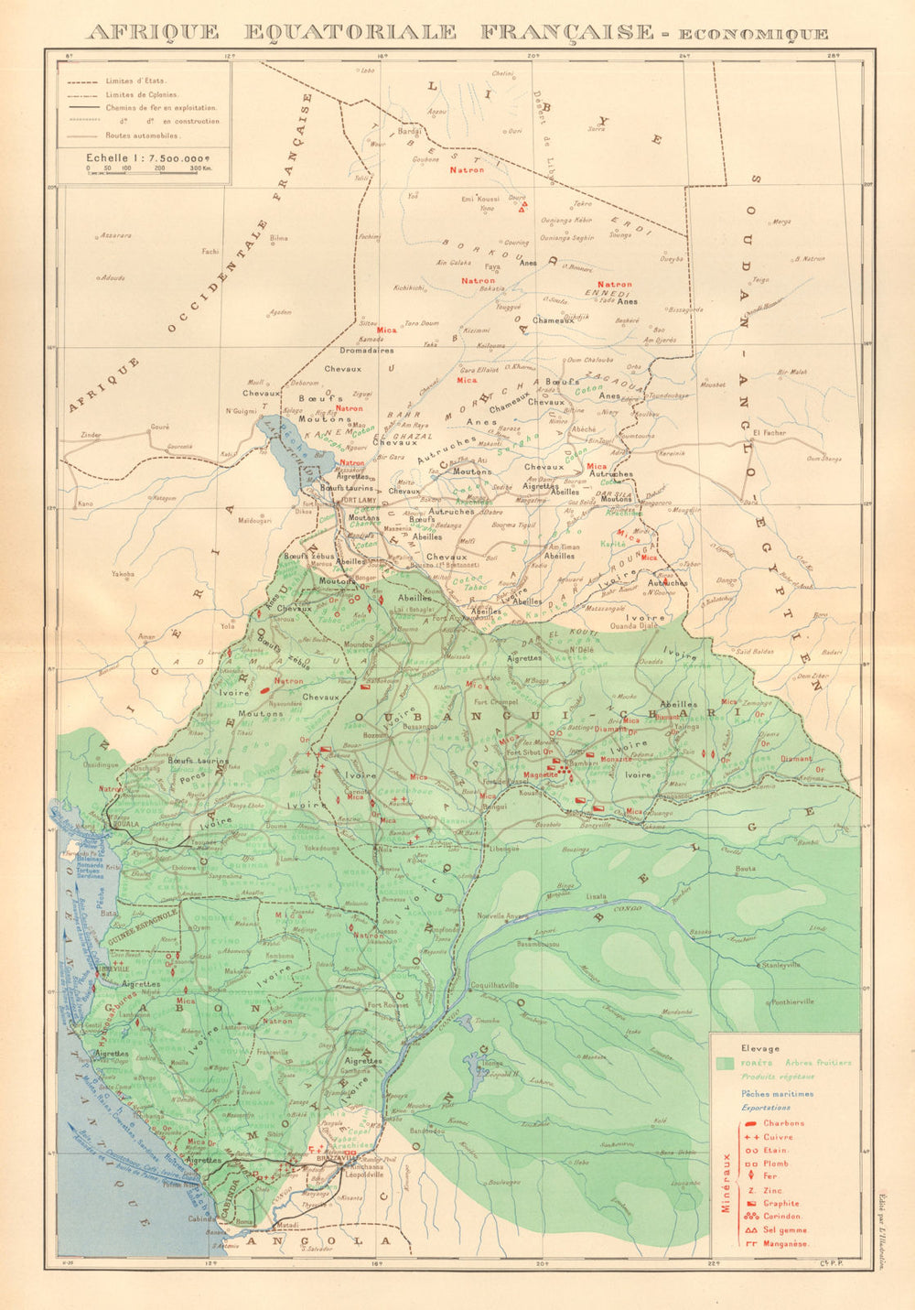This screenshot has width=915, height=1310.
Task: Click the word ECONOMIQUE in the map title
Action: tap(748, 35)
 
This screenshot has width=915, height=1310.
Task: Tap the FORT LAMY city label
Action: tap(347, 500)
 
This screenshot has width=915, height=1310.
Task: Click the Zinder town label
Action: tap(89, 435)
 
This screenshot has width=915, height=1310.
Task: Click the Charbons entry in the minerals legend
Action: tap(784, 1123)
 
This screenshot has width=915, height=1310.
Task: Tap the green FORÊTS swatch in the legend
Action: tap(725, 1064)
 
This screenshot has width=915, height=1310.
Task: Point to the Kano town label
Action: tap(86, 503)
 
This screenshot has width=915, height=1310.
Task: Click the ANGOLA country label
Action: tap(333, 1241)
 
